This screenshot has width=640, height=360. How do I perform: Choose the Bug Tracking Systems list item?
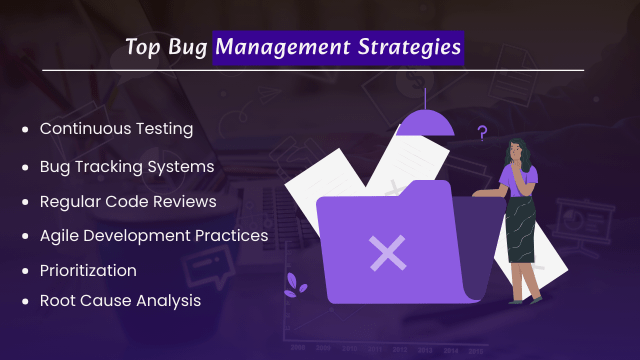126,164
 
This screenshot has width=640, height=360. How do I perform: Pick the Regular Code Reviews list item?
128,200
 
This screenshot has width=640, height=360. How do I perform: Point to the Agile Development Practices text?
153,235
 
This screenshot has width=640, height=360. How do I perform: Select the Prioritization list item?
88,270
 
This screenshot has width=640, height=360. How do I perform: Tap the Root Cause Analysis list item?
120,299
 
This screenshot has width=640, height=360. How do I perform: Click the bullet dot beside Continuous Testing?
24,130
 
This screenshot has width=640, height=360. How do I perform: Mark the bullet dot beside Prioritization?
24,271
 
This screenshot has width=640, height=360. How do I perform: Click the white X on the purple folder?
386,253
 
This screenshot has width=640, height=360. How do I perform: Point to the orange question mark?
482,132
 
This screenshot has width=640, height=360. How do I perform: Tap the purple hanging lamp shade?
426,123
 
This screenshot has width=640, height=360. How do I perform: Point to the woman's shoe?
536,297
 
